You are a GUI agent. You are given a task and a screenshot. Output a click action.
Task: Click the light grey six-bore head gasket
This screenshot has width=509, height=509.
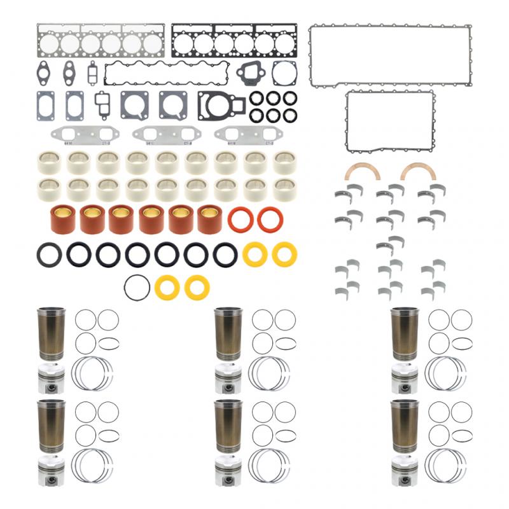click(101, 43)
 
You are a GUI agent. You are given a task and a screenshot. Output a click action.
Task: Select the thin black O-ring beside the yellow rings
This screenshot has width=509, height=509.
click(137, 288)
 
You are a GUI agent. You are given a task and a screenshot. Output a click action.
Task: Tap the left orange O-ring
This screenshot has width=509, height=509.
click(241, 220)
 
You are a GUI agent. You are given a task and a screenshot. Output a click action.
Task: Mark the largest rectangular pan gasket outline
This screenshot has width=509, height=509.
click(391, 55)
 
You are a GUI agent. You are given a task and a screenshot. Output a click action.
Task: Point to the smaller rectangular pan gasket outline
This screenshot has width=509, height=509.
click(389, 121)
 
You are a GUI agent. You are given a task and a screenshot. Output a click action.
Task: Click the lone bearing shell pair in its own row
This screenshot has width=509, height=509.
click(390, 243)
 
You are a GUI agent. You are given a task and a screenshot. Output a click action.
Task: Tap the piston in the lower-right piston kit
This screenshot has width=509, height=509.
click(406, 470)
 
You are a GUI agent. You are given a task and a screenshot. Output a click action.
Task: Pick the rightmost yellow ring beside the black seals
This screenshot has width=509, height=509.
click(284, 254)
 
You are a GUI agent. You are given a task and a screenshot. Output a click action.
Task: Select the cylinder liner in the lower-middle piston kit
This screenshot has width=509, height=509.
click(228, 426)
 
